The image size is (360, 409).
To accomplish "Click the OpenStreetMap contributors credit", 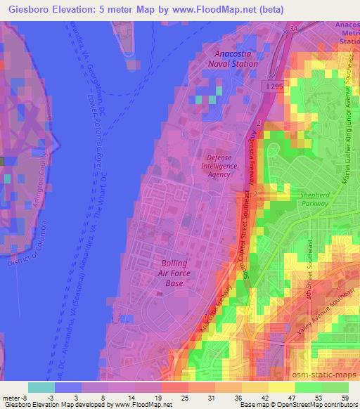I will pyautogui.click(x=319, y=405).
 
